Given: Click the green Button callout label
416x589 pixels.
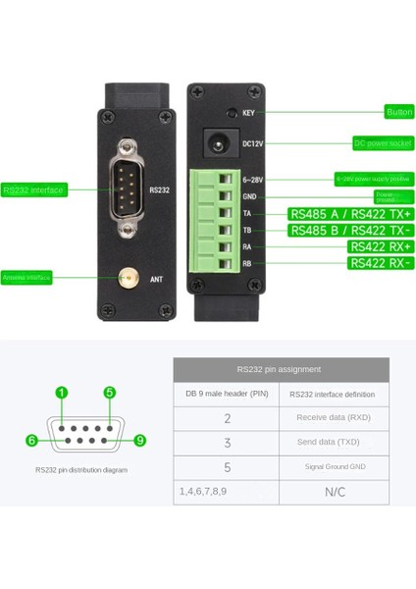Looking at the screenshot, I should click(x=399, y=112).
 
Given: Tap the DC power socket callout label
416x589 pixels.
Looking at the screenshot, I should click(x=384, y=143).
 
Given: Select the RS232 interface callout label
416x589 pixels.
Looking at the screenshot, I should click(x=33, y=190).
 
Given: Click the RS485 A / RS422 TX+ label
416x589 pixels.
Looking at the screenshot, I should click(x=351, y=214).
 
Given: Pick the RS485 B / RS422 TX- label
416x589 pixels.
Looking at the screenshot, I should click(x=351, y=231).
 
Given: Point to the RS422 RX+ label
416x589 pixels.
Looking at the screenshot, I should click(x=381, y=246).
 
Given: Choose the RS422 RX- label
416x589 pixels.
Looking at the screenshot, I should click(x=381, y=263).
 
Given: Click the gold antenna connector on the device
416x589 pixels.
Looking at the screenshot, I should click(x=126, y=278).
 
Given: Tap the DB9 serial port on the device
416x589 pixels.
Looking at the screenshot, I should click(x=126, y=190).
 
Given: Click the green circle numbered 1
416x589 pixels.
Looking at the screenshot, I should click(x=62, y=393).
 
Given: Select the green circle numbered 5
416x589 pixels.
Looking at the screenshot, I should click(x=110, y=393).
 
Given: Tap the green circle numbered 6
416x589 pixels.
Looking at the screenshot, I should click(x=31, y=441).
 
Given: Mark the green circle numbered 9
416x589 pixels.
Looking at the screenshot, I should click(x=139, y=441).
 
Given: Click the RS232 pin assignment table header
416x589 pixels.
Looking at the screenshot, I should click(x=281, y=370).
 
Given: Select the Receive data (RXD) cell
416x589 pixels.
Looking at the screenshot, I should click(x=334, y=418).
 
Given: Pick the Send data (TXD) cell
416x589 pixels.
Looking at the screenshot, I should click(x=334, y=443).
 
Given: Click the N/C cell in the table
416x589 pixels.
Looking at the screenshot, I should click(x=334, y=491).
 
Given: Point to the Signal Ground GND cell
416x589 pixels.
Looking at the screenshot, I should click(x=334, y=466).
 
